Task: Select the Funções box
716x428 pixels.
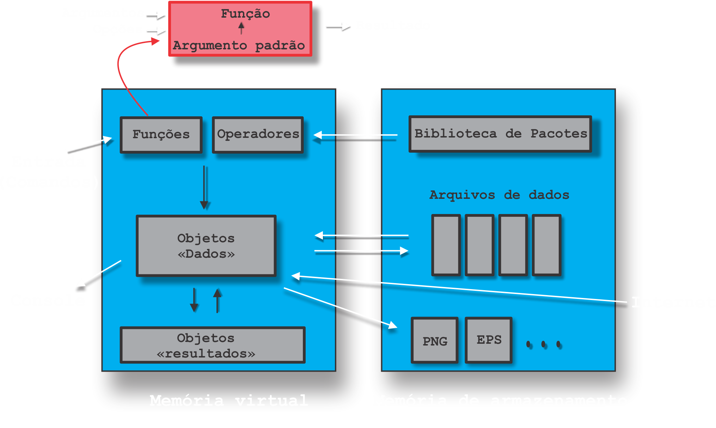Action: [x=161, y=135]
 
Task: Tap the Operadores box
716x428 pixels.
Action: [x=258, y=135]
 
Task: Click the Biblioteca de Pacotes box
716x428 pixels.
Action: [x=500, y=134]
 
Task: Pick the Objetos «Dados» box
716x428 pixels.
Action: [x=206, y=245]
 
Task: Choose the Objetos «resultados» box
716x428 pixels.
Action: [x=212, y=345]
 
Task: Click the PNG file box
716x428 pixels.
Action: [x=435, y=341]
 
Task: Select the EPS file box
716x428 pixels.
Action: [x=489, y=340]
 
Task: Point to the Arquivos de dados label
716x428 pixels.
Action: [x=499, y=195]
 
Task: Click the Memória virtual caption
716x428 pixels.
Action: [x=229, y=401]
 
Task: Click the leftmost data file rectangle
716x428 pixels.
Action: [x=446, y=245]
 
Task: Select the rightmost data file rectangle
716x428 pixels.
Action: [x=546, y=245]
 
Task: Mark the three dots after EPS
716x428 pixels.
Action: [x=544, y=344]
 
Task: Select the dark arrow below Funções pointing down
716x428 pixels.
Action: [x=204, y=187]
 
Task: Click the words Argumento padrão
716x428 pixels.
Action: [x=239, y=46]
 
